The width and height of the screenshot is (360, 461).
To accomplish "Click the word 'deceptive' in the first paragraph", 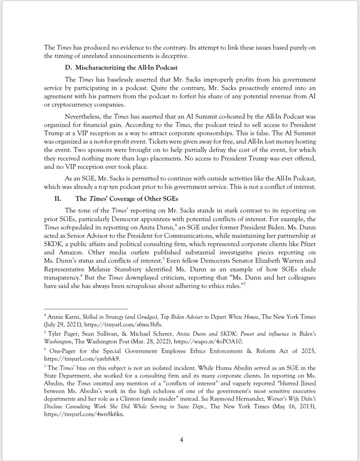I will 174,56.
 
